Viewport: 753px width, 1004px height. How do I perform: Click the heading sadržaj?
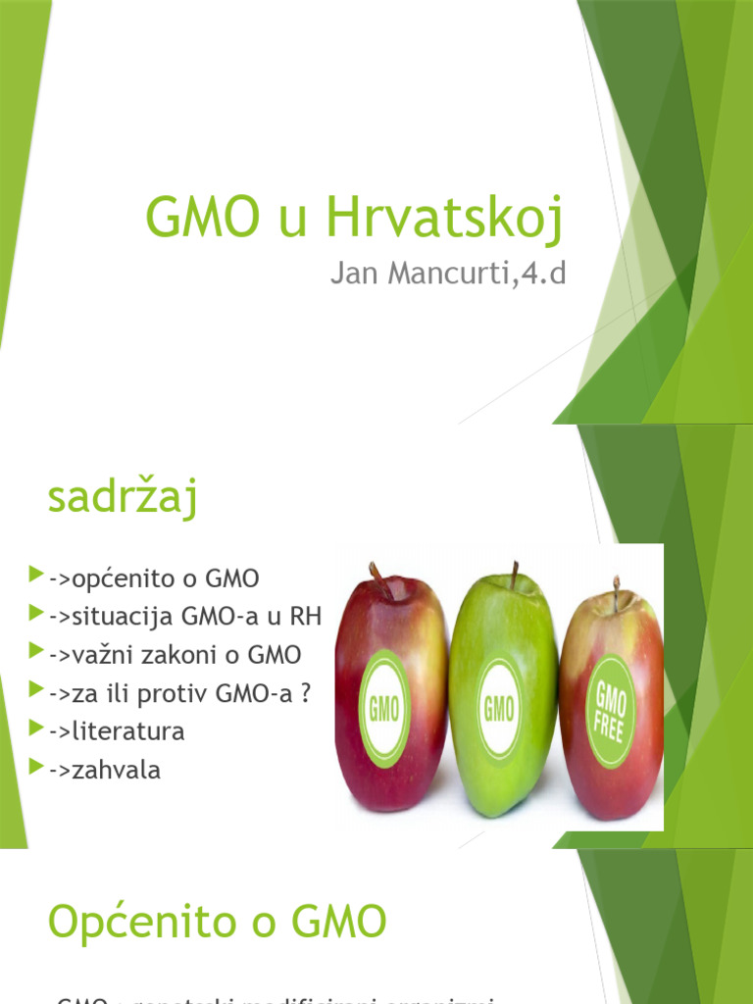(x=124, y=497)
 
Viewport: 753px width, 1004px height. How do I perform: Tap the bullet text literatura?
(x=116, y=731)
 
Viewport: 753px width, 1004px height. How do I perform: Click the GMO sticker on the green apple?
(x=499, y=707)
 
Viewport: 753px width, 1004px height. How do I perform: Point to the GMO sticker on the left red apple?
(x=383, y=707)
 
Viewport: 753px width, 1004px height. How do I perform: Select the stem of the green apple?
(x=513, y=576)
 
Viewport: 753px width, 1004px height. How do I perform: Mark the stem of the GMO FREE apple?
(x=616, y=592)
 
